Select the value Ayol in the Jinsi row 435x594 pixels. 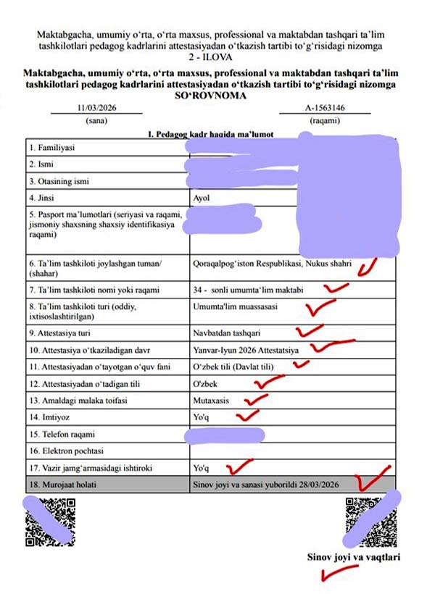202,197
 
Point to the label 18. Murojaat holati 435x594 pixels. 66,484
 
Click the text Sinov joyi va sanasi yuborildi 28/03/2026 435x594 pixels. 275,484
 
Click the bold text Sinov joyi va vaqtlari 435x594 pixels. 354,558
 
